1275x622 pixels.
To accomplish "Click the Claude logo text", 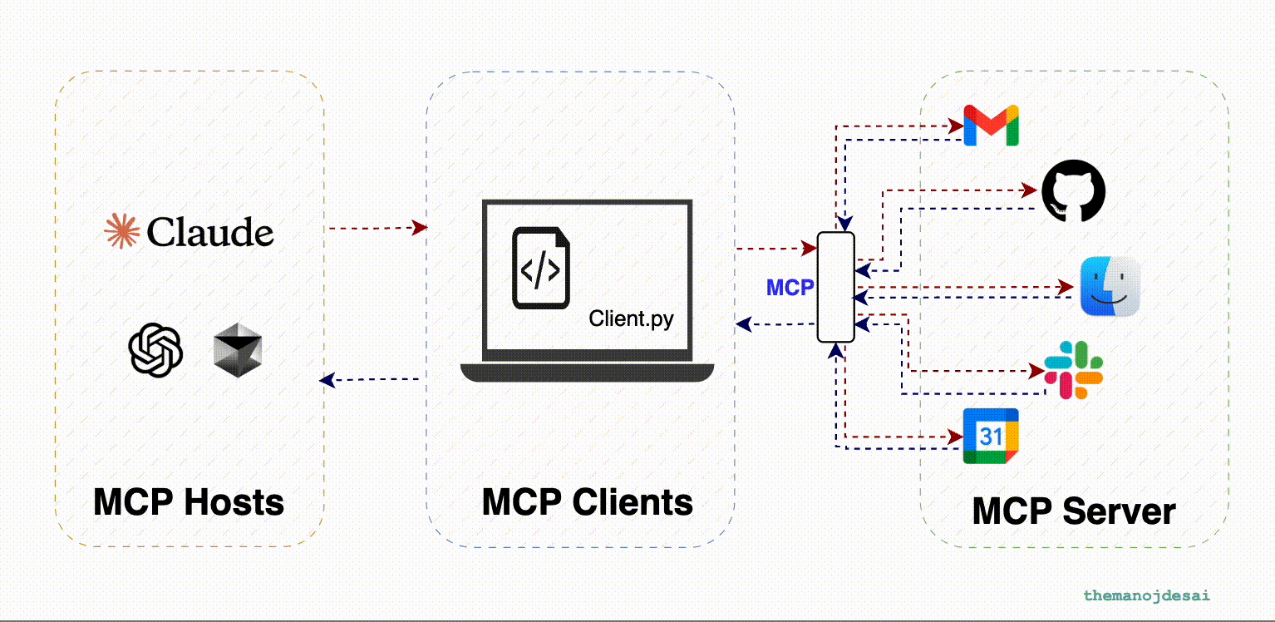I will pyautogui.click(x=210, y=232).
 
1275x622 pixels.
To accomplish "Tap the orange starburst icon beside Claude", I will pyautogui.click(x=121, y=231).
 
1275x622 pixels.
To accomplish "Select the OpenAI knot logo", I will pyautogui.click(x=155, y=349).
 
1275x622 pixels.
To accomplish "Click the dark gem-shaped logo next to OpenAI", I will pyautogui.click(x=237, y=348).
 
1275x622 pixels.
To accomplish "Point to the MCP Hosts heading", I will pyautogui.click(x=189, y=502).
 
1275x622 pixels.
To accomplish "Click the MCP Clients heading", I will pyautogui.click(x=587, y=502).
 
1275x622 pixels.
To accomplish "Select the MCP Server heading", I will pyautogui.click(x=1074, y=511).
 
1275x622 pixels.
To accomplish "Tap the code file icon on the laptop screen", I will pyautogui.click(x=540, y=269).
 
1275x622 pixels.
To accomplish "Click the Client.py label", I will pyautogui.click(x=631, y=318).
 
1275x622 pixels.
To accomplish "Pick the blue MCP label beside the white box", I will pyautogui.click(x=790, y=288).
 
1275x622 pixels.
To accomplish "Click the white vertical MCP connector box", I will pyautogui.click(x=835, y=287).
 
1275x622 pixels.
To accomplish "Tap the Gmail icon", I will pyautogui.click(x=991, y=126).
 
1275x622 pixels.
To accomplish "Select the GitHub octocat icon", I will pyautogui.click(x=1074, y=191).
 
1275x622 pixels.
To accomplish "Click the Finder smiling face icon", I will pyautogui.click(x=1110, y=286).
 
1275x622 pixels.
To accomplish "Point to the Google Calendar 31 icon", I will pyautogui.click(x=991, y=436).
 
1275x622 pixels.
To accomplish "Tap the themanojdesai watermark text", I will pyautogui.click(x=1146, y=595).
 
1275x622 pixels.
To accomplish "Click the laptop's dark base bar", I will pyautogui.click(x=587, y=373).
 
